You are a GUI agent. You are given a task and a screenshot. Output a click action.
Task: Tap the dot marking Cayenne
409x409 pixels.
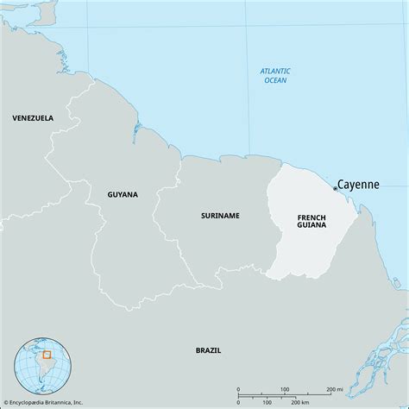tap(335, 188)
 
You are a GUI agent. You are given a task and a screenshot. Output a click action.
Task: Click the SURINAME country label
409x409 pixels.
tap(222, 215)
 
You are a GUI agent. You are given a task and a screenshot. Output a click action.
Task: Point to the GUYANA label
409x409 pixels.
tap(123, 194)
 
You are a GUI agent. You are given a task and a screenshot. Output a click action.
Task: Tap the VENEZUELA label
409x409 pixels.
tap(32, 117)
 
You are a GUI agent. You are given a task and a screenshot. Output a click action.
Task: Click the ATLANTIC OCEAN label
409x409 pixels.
tap(276, 75)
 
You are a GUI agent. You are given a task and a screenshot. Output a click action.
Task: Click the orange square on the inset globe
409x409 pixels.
tap(47, 354)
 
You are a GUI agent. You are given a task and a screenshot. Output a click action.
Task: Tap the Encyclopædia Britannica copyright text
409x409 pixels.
tap(56, 402)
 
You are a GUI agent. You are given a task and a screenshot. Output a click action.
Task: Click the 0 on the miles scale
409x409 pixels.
tap(238, 389)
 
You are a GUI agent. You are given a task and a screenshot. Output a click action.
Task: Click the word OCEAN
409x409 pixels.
tap(276, 80)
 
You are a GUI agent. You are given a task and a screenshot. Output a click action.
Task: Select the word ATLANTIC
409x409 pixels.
tap(276, 70)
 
